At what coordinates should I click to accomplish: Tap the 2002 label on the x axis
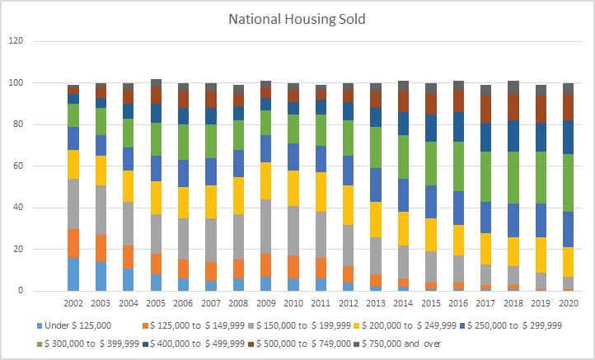pyautogui.click(x=73, y=304)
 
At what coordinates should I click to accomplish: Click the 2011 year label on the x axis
pyautogui.click(x=318, y=304)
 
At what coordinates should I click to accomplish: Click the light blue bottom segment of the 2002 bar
pyautogui.click(x=73, y=274)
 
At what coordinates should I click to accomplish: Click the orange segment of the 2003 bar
pyautogui.click(x=101, y=248)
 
